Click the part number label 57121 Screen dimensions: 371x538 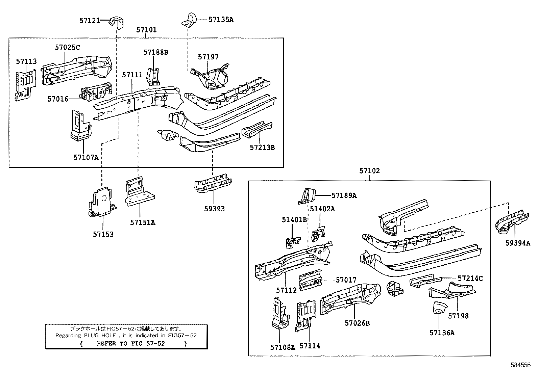[90, 21]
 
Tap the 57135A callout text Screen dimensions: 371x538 [221, 20]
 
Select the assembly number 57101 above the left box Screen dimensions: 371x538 [146, 30]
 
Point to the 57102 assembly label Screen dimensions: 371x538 [369, 171]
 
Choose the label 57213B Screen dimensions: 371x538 [262, 148]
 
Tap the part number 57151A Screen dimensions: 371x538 [143, 222]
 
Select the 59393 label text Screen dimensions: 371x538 [214, 209]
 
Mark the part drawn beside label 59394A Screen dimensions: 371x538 [511, 221]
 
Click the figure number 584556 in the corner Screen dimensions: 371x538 [520, 365]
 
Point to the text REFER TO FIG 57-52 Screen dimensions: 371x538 [131, 344]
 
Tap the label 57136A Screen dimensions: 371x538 [442, 333]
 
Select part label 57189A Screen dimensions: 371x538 [344, 195]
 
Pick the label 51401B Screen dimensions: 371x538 [294, 220]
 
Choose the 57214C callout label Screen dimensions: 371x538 [470, 279]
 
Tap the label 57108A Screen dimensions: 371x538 [283, 347]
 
